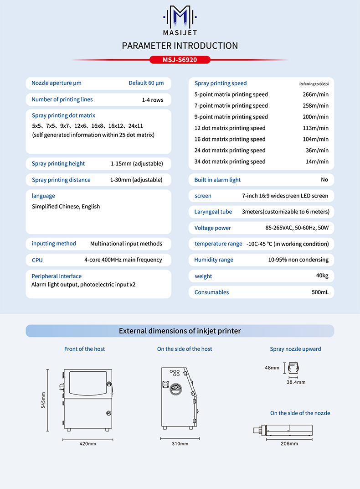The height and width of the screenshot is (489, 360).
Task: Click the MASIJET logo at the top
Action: pos(180,21)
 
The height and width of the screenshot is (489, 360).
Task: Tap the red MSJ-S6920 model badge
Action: pos(180,60)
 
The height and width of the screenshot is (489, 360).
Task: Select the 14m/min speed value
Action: pos(317,161)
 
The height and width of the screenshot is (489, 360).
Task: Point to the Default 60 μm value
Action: pos(146,83)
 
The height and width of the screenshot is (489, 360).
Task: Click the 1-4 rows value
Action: pos(153,100)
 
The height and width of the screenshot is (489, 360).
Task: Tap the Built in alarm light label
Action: pos(217,180)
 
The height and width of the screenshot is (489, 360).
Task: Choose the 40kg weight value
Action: pos(322,276)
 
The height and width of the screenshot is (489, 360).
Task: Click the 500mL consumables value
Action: pos(320,292)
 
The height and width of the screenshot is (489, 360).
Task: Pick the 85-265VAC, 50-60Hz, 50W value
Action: pos(297,228)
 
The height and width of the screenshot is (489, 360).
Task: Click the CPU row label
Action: pos(37,260)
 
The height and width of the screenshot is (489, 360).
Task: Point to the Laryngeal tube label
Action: pos(213,212)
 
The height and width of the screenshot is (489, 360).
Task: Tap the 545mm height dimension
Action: pos(43,400)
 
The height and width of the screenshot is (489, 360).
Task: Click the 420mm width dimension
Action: pos(88,443)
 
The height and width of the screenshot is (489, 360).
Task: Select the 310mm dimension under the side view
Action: pos(180,443)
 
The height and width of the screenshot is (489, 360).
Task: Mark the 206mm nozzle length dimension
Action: pos(289,443)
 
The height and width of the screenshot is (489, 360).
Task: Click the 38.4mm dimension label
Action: pos(296,382)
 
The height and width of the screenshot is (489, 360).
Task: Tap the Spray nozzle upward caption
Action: pos(295,349)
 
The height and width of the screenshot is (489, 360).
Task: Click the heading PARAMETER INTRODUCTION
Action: pos(180,46)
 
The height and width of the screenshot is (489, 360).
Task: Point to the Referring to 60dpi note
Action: pos(314,84)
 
